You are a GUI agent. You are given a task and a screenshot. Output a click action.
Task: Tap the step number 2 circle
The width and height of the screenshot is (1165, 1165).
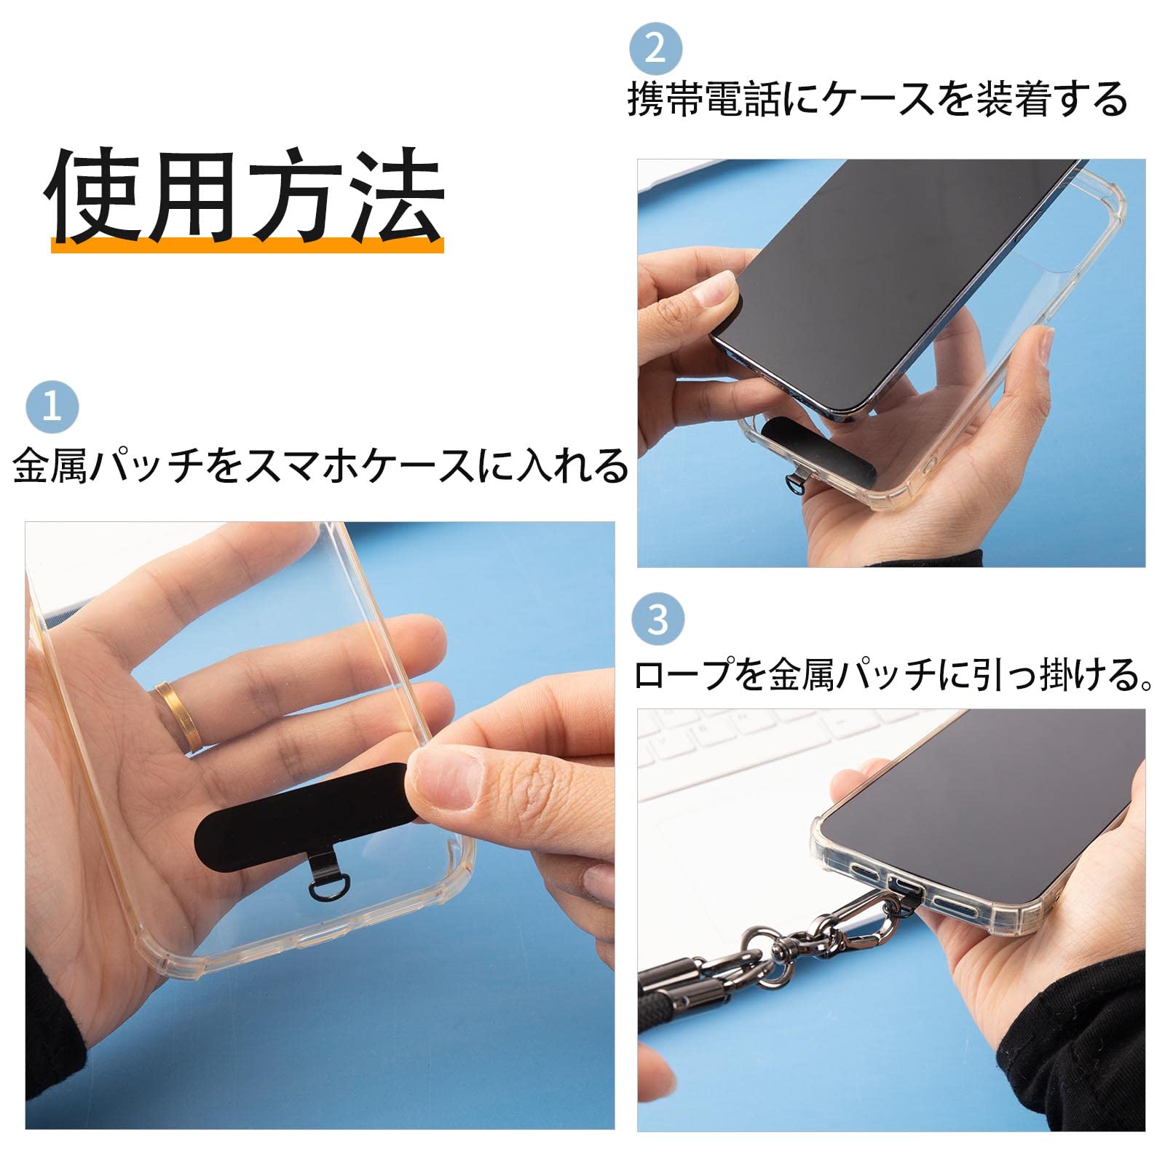(x=655, y=49)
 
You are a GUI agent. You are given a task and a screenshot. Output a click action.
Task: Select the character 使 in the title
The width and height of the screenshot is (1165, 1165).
(x=95, y=194)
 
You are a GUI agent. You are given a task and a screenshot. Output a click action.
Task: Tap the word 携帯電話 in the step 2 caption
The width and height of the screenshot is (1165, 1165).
(x=703, y=99)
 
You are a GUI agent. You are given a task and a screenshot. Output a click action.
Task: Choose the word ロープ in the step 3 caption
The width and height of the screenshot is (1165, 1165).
(x=684, y=674)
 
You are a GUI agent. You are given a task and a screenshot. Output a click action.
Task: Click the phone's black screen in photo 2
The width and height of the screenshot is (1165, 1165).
(x=896, y=277)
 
